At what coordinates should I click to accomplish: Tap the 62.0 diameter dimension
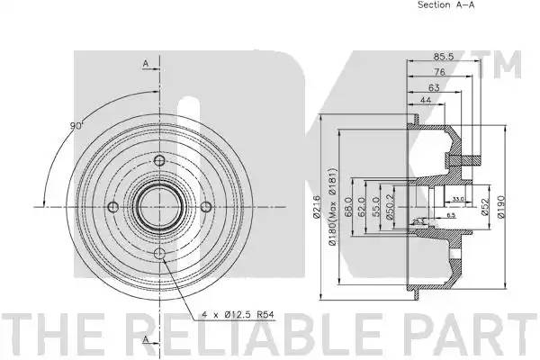pyautogui.click(x=362, y=208)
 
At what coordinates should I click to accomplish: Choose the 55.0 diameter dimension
pyautogui.click(x=375, y=208)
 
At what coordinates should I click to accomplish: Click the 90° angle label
pyautogui.click(x=77, y=124)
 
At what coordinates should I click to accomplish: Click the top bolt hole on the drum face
pyautogui.click(x=161, y=162)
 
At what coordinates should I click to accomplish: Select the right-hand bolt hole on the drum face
pyautogui.click(x=206, y=207)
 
